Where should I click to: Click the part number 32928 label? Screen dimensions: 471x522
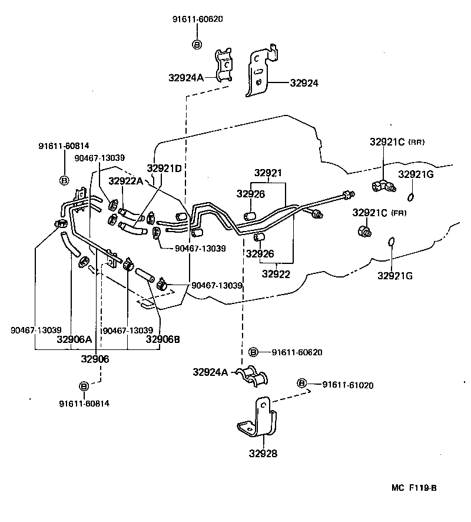point(263,453)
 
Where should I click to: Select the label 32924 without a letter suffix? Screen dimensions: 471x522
point(304,83)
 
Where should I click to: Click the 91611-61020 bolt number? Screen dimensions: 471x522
point(348,385)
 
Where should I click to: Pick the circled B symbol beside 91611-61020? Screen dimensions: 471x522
point(301,383)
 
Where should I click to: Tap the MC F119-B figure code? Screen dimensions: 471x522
point(414,488)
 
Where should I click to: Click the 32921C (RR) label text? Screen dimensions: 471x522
point(397,142)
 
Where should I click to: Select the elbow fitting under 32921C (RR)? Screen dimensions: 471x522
point(383,186)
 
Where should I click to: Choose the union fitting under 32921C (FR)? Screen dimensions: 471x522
point(364,231)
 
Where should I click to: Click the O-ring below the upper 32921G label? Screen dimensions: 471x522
point(410,197)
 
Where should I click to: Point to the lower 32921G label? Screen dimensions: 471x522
point(395,276)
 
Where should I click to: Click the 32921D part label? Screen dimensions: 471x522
point(164,169)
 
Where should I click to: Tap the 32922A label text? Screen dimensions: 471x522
point(126,181)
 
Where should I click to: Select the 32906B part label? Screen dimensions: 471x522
point(162,339)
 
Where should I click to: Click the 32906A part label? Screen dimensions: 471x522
point(74,339)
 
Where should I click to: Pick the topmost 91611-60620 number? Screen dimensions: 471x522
point(198,19)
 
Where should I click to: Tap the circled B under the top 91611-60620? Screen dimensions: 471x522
point(197,44)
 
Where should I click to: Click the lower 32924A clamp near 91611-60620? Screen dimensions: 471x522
point(253,376)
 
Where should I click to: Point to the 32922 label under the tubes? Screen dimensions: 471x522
point(276,274)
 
